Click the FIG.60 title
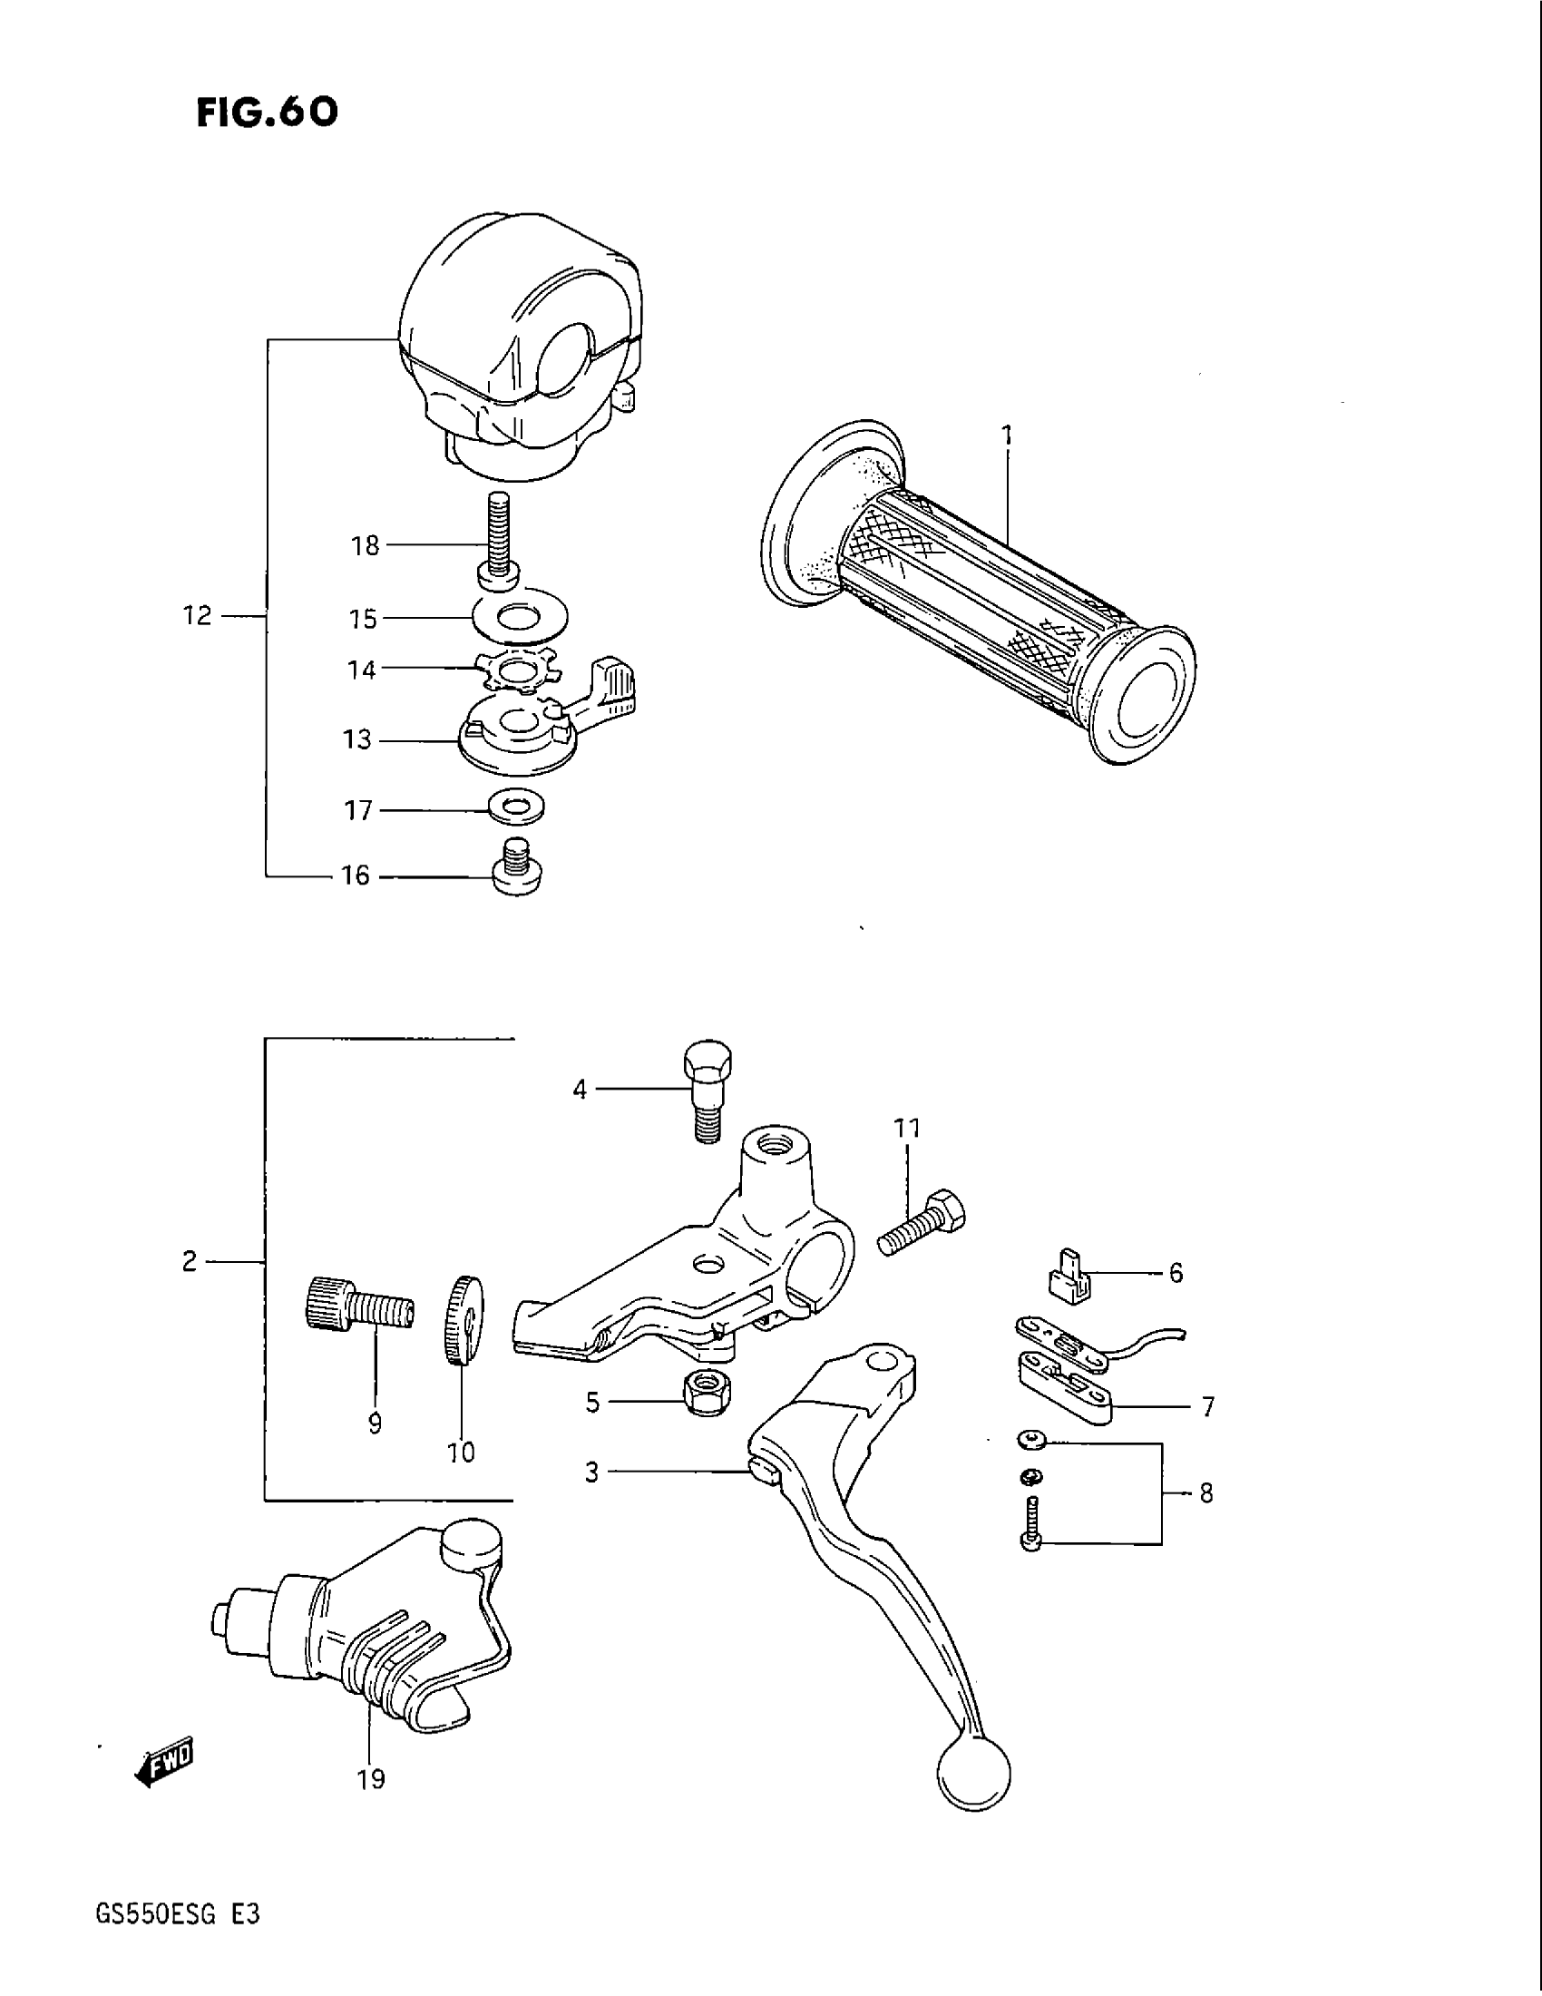267,113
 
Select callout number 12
197,616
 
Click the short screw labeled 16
518,868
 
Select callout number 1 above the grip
1007,435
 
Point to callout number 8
1205,1492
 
